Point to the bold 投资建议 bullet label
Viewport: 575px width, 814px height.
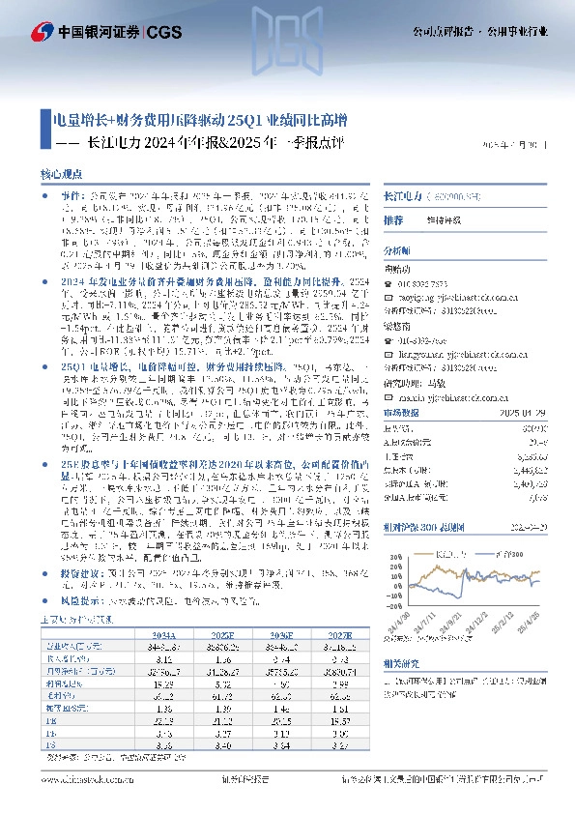[83, 572]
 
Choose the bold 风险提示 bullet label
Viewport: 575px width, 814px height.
[83, 600]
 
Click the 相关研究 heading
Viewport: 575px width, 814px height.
[403, 663]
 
